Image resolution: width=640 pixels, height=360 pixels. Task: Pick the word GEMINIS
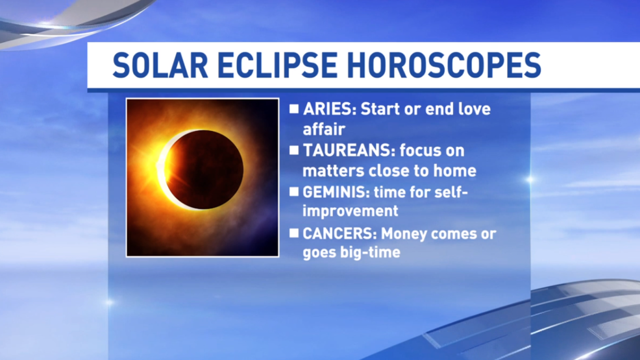[x=336, y=192]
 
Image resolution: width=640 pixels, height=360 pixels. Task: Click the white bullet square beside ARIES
[x=294, y=109]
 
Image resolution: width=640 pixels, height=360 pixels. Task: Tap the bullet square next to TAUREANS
[x=294, y=150]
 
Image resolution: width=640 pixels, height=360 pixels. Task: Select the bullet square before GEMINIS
[x=294, y=191]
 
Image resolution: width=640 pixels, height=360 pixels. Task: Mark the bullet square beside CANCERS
[x=294, y=233]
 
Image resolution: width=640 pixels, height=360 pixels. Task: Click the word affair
[x=324, y=129]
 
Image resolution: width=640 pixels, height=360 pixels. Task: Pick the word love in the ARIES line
[x=474, y=109]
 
